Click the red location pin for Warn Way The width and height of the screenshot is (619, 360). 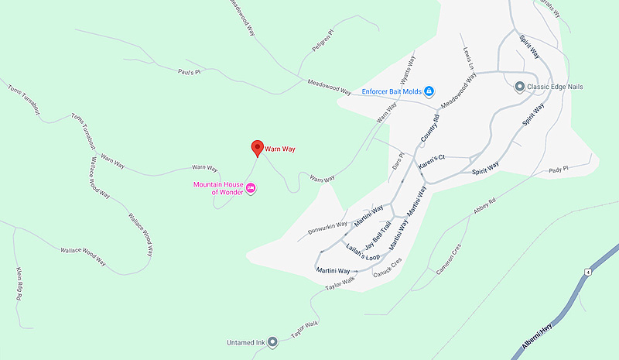[258, 147]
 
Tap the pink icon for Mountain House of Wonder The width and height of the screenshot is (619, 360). [251, 188]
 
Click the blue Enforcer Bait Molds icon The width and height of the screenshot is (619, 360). [429, 91]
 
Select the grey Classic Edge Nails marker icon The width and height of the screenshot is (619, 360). [520, 87]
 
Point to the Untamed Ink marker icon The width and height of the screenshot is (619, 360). [272, 341]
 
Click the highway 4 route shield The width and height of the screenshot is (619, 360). [588, 273]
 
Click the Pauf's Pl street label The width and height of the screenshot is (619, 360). [189, 71]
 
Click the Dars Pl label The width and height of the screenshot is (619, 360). [398, 161]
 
